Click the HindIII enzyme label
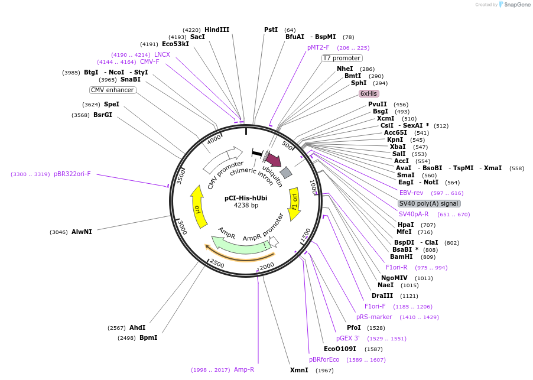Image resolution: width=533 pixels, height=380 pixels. (x=216, y=30)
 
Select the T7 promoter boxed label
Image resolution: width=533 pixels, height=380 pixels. (x=342, y=58)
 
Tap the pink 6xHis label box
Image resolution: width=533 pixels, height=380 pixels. (x=369, y=93)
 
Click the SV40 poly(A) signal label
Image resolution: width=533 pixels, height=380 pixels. (x=428, y=203)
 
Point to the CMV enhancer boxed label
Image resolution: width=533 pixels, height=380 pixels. (x=112, y=90)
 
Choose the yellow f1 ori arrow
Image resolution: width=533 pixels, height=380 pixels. (x=294, y=200)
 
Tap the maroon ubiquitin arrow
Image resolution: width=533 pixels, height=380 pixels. (x=273, y=160)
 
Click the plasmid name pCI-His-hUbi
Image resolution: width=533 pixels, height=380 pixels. (x=246, y=198)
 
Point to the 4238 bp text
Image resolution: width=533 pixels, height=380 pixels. (x=246, y=206)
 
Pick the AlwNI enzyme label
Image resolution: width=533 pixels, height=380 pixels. (x=82, y=232)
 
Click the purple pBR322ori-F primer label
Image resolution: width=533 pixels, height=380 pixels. (x=72, y=174)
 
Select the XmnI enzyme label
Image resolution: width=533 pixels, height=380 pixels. (x=299, y=370)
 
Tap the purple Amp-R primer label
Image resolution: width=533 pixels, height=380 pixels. (x=243, y=369)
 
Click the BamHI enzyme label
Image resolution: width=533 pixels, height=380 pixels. (x=401, y=256)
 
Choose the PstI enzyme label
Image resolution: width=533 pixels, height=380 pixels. (x=271, y=30)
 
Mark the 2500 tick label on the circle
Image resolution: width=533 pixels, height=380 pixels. (x=217, y=263)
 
